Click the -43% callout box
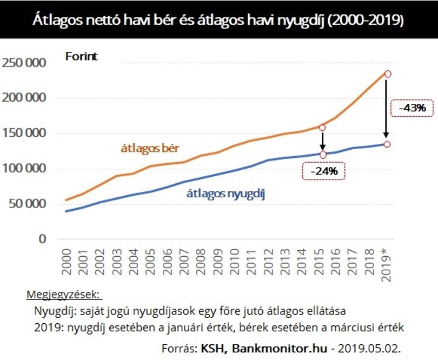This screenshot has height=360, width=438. [x=412, y=108]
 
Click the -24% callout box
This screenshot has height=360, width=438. [x=324, y=171]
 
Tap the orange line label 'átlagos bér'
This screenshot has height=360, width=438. [x=150, y=148]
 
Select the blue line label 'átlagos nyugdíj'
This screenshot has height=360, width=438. [x=225, y=194]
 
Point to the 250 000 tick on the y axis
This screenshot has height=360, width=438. [x=23, y=63]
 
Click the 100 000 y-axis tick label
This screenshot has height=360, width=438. [x=23, y=169]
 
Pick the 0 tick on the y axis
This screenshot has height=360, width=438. [x=42, y=239]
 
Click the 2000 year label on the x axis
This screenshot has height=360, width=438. [x=67, y=262]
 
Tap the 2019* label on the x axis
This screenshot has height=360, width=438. [x=386, y=264]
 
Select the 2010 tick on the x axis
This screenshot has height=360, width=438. [x=235, y=262]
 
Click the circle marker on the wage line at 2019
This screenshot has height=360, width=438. [x=388, y=74]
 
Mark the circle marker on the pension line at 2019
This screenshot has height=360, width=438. [x=387, y=144]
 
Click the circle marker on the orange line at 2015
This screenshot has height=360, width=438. [x=322, y=128]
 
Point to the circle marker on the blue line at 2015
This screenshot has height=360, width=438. [x=323, y=155]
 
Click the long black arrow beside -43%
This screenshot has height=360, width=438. [x=386, y=109]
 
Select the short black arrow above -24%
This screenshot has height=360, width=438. [x=322, y=141]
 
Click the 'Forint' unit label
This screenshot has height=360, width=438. [x=81, y=56]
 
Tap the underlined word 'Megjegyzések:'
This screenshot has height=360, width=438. [x=64, y=295]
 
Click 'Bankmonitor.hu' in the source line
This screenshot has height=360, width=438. [x=280, y=348]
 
